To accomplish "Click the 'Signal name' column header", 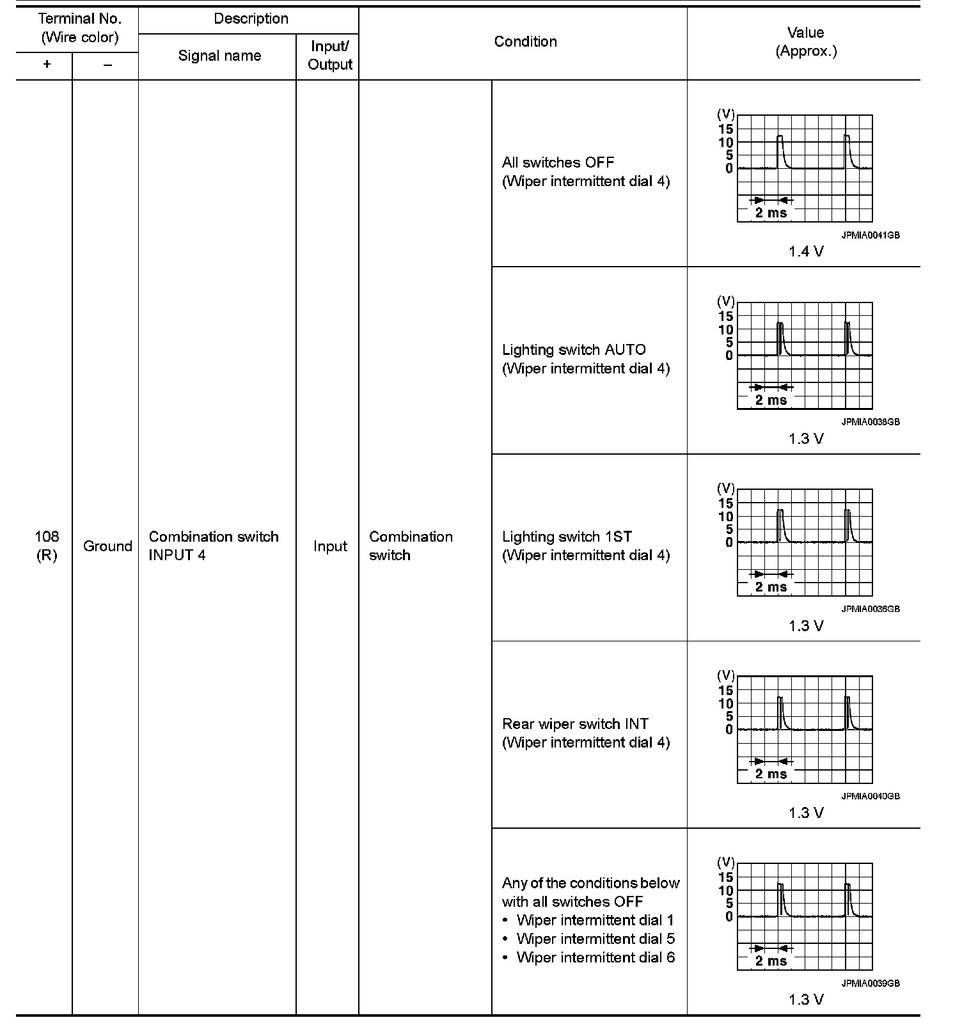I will pos(219,56).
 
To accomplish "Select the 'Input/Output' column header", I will pos(330,56).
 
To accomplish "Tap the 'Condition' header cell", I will pos(525,42).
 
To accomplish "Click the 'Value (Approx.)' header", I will pos(805,42).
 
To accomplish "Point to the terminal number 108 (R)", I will pos(46,546).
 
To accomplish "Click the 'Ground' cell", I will pos(107,547).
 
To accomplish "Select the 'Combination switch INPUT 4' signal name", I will pos(214,546).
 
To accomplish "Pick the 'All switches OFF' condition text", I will pos(558,163).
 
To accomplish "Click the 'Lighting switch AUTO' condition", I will pos(574,350).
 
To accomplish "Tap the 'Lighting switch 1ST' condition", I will pos(567,537).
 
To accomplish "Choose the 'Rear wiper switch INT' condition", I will pos(575,725).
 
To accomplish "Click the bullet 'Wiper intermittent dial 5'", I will pos(595,939).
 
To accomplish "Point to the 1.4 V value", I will pos(806,252).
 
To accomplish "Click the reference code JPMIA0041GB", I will pos(870,235).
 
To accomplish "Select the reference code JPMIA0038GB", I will pos(870,422).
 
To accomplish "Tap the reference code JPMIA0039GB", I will pos(870,984).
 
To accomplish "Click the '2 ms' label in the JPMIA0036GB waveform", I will pos(771,587).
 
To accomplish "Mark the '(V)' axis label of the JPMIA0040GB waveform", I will pos(726,675).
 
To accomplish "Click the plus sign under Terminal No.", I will pos(47,65).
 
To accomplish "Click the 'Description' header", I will pos(251,19).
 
